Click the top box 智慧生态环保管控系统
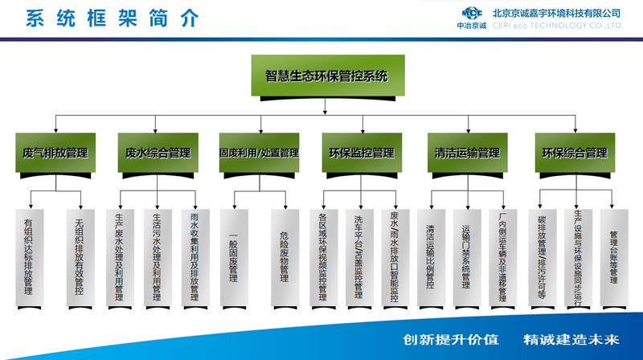tap(326, 77)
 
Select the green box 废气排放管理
tap(55, 152)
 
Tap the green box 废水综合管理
tap(158, 152)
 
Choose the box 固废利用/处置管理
tap(260, 152)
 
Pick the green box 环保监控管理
tap(362, 152)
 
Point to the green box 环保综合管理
tap(575, 152)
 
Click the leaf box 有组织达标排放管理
tap(30, 256)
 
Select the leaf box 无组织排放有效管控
tap(80, 256)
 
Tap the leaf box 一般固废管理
tap(233, 256)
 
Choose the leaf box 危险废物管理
tap(285, 256)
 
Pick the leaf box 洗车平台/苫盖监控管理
tap(358, 256)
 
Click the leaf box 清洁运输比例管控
tap(430, 256)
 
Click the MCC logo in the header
tap(473, 14)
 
